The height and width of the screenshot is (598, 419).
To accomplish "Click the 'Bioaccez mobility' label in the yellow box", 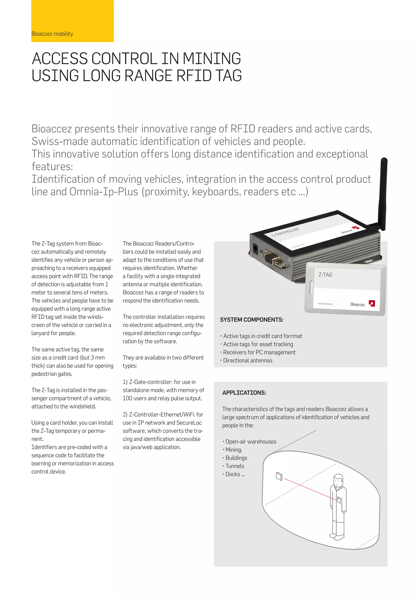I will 52,34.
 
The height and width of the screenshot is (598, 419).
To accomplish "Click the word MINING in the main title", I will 212,59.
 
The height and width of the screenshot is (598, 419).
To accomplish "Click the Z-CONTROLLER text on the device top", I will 285,232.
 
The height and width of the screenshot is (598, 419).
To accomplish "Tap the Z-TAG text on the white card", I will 325,275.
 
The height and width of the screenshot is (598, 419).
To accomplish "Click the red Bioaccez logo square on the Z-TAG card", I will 372,303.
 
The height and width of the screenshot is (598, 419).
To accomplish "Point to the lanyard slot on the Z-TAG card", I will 311,288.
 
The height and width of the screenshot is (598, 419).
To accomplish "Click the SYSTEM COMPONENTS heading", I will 251,320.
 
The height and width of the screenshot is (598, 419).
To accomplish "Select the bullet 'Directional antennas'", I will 247,361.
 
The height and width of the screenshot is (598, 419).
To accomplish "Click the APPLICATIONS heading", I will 244,393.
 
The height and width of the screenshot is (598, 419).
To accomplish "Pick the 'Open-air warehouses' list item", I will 250,441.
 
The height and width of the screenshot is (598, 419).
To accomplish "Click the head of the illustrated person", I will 338,479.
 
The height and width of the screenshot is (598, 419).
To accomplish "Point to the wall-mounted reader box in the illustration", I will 279,476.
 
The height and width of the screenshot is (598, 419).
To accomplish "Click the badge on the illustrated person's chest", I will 339,499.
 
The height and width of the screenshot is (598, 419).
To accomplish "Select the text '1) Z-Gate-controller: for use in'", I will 159,382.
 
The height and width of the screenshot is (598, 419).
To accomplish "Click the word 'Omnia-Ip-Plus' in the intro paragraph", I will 104,192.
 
